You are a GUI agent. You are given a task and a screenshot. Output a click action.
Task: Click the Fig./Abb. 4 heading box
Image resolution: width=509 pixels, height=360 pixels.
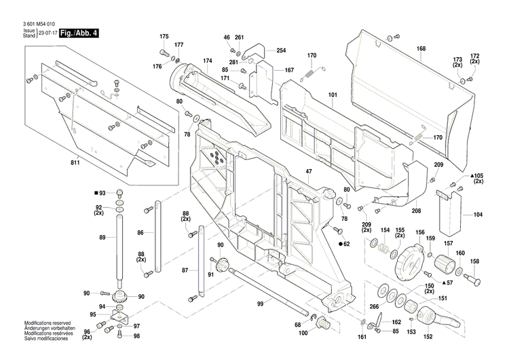pos(78,33)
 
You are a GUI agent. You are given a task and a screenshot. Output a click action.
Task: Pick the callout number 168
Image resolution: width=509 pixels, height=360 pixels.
pos(421,48)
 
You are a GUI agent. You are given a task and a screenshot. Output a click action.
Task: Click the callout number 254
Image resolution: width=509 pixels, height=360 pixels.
pos(281,51)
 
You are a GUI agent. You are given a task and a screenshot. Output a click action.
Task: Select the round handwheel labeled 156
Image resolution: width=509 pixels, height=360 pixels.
pos(407,262)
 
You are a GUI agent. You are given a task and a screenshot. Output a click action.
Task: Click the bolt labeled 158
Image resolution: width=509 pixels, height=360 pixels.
pos(471,278)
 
